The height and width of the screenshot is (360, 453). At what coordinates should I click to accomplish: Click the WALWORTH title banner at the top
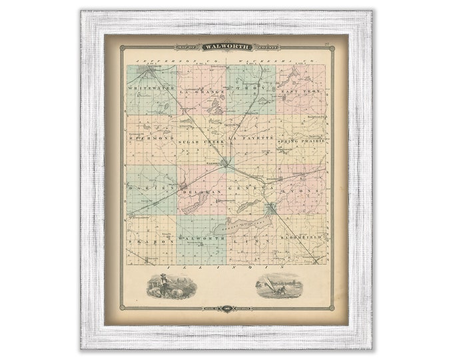click(x=226, y=47)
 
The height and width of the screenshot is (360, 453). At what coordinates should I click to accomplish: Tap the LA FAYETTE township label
click(x=250, y=137)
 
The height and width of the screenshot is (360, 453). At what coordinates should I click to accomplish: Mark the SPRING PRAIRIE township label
click(x=301, y=141)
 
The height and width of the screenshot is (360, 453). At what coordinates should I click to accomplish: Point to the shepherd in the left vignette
click(x=159, y=284)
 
